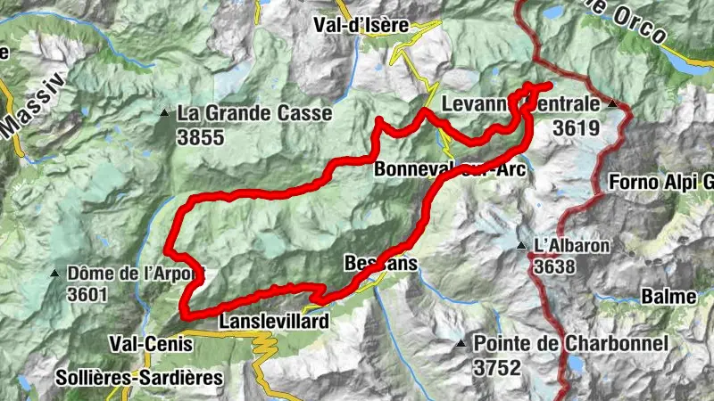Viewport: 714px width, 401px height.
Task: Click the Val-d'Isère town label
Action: [361, 26]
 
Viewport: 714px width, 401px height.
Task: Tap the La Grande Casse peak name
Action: [254, 114]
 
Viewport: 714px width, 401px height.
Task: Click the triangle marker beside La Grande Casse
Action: [164, 113]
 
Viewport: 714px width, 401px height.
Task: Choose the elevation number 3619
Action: [576, 128]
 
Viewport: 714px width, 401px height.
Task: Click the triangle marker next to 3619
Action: [612, 104]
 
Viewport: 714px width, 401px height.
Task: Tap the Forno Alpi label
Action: [661, 184]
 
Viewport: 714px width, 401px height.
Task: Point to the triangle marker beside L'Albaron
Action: [521, 245]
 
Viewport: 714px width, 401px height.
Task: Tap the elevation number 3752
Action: [497, 366]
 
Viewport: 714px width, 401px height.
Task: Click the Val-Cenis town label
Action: [144, 342]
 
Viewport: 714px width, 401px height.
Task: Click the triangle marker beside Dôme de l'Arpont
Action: [55, 273]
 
